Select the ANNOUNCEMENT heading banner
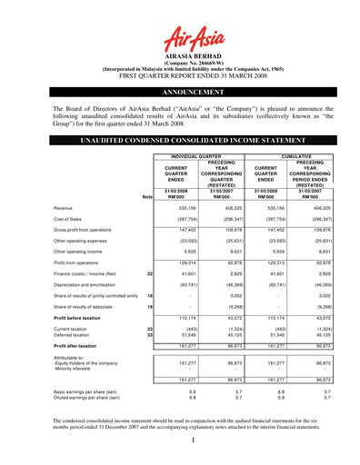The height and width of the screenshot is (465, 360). (x=179, y=93)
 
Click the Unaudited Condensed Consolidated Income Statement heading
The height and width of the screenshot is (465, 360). (x=179, y=143)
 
